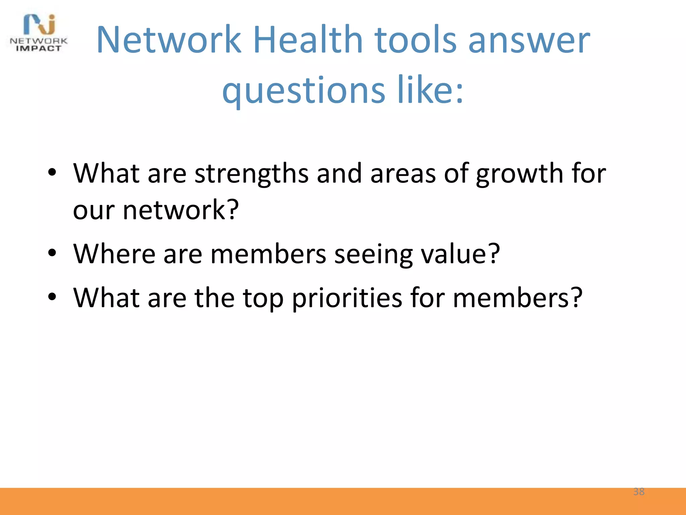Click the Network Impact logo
[39, 33]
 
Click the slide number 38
[639, 492]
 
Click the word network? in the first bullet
[181, 210]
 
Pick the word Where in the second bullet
[114, 254]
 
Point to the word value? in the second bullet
[460, 254]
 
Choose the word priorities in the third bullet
[347, 298]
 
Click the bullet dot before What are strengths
[52, 172]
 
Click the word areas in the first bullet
[403, 174]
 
